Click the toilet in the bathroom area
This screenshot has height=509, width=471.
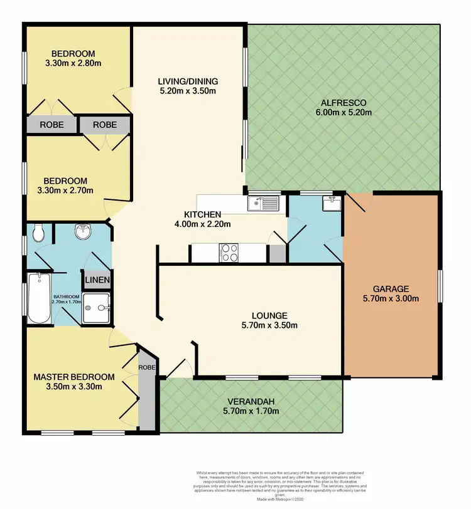click(x=38, y=234)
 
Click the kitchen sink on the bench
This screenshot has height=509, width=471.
click(x=264, y=202)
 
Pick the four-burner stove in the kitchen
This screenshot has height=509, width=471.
click(x=229, y=253)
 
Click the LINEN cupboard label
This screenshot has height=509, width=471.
click(x=98, y=280)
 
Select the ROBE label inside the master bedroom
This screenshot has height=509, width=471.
click(x=147, y=367)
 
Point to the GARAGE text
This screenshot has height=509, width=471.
click(x=391, y=289)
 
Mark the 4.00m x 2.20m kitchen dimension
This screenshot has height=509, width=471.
click(x=203, y=224)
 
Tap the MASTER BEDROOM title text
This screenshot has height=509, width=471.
click(x=74, y=377)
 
